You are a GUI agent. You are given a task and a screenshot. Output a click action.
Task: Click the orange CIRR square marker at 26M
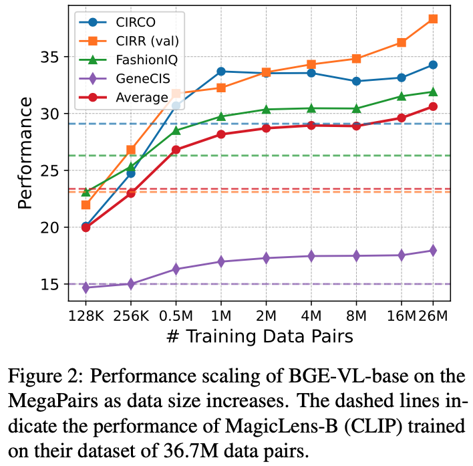coord(433,19)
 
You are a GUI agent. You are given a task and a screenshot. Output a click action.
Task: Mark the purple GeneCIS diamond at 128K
coord(86,287)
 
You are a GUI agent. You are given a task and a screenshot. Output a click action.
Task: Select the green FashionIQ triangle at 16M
coord(402,96)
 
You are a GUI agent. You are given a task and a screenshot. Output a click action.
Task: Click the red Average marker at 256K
coord(131,193)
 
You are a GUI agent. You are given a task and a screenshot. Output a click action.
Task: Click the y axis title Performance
coord(25,152)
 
